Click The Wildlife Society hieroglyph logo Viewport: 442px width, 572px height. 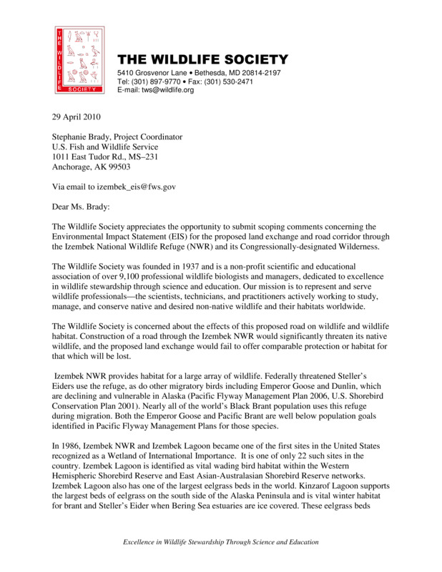(x=79, y=60)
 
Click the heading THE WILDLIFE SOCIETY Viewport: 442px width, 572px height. (x=202, y=59)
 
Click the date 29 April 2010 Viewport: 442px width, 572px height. (x=77, y=117)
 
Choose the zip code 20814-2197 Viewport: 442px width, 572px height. (x=256, y=73)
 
